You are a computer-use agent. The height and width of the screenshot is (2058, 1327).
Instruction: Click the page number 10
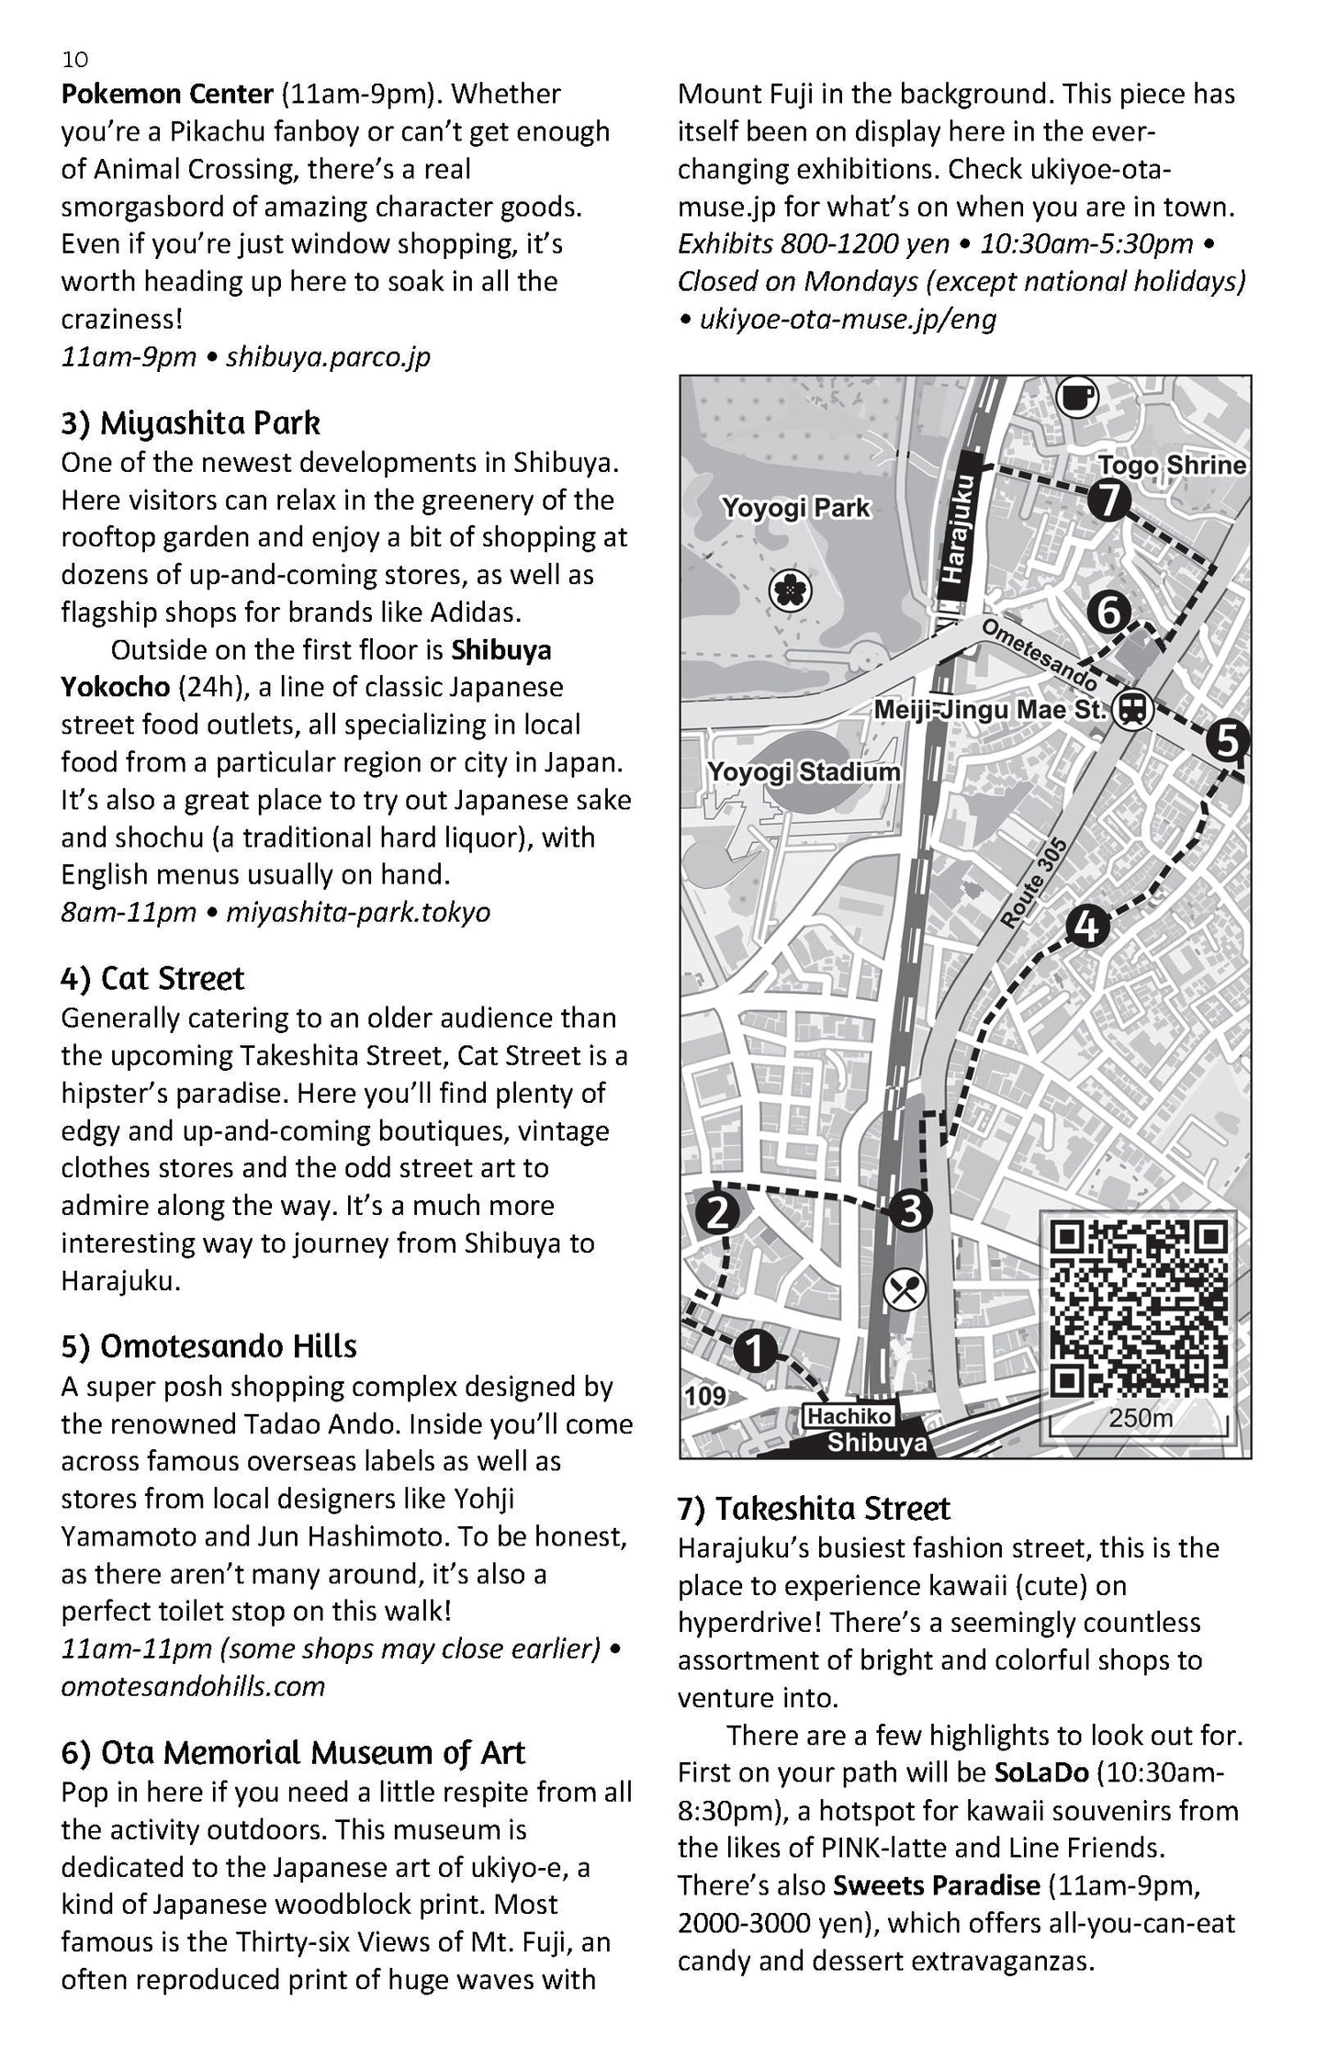click(x=75, y=60)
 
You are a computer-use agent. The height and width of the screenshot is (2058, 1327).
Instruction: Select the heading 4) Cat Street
click(x=152, y=978)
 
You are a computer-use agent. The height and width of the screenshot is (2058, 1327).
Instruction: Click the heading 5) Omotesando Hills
click(x=208, y=1346)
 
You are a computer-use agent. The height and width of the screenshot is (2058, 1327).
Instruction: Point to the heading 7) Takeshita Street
click(x=814, y=1509)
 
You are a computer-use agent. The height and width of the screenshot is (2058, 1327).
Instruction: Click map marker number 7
click(x=1109, y=500)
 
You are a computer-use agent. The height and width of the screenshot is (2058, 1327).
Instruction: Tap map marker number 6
click(x=1109, y=612)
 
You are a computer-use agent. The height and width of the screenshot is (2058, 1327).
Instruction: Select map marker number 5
click(x=1227, y=740)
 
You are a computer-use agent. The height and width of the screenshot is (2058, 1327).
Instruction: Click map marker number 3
click(x=908, y=1211)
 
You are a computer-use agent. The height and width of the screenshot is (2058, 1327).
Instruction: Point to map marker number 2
click(x=717, y=1212)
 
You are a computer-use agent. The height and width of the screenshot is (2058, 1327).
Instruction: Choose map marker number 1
click(x=753, y=1352)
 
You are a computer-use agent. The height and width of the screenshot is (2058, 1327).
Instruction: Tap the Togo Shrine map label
click(x=1172, y=465)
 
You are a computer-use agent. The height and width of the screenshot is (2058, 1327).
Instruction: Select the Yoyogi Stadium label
click(x=804, y=771)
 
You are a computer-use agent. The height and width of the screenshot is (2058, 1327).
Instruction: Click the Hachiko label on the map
click(x=849, y=1417)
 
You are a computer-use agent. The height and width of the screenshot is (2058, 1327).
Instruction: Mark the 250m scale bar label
click(x=1141, y=1418)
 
